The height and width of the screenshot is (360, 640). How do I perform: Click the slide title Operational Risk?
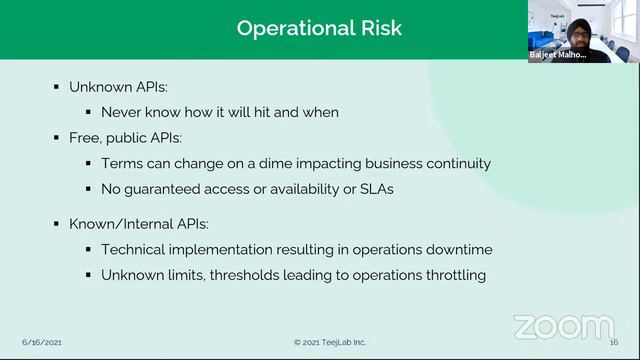(x=319, y=28)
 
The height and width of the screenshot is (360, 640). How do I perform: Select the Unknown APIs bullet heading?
(x=117, y=87)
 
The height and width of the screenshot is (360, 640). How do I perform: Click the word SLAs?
(x=373, y=188)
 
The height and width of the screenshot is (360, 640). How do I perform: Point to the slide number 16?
(x=614, y=342)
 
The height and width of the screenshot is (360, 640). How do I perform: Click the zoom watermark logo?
(x=563, y=326)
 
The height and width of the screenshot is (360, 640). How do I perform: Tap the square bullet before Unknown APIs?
(x=57, y=88)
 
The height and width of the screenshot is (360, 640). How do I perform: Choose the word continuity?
(x=455, y=163)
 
